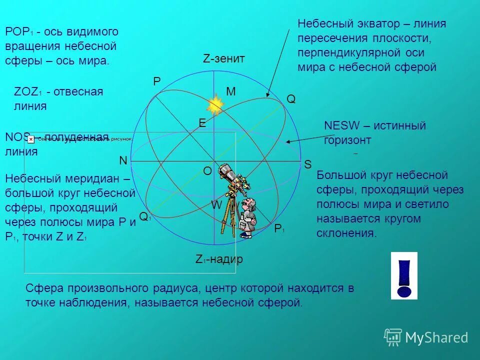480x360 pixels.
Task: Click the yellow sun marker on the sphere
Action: tap(215, 105)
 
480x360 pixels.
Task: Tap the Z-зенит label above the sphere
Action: tap(223, 58)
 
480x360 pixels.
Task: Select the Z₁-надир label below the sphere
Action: tap(219, 259)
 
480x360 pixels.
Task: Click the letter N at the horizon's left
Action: tap(122, 160)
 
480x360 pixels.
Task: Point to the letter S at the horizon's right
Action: tap(307, 164)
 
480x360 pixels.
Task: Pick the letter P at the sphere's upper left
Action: tap(156, 82)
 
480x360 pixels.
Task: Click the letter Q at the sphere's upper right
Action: tap(290, 99)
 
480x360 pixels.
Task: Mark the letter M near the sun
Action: tap(230, 91)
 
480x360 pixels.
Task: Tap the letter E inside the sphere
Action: tap(202, 123)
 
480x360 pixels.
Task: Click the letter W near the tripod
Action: tap(216, 205)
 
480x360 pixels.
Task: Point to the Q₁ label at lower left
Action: tap(144, 216)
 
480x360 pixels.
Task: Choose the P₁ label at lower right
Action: tap(279, 229)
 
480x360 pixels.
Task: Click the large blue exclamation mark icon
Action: tap(403, 275)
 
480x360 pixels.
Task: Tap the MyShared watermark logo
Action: tap(426, 337)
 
